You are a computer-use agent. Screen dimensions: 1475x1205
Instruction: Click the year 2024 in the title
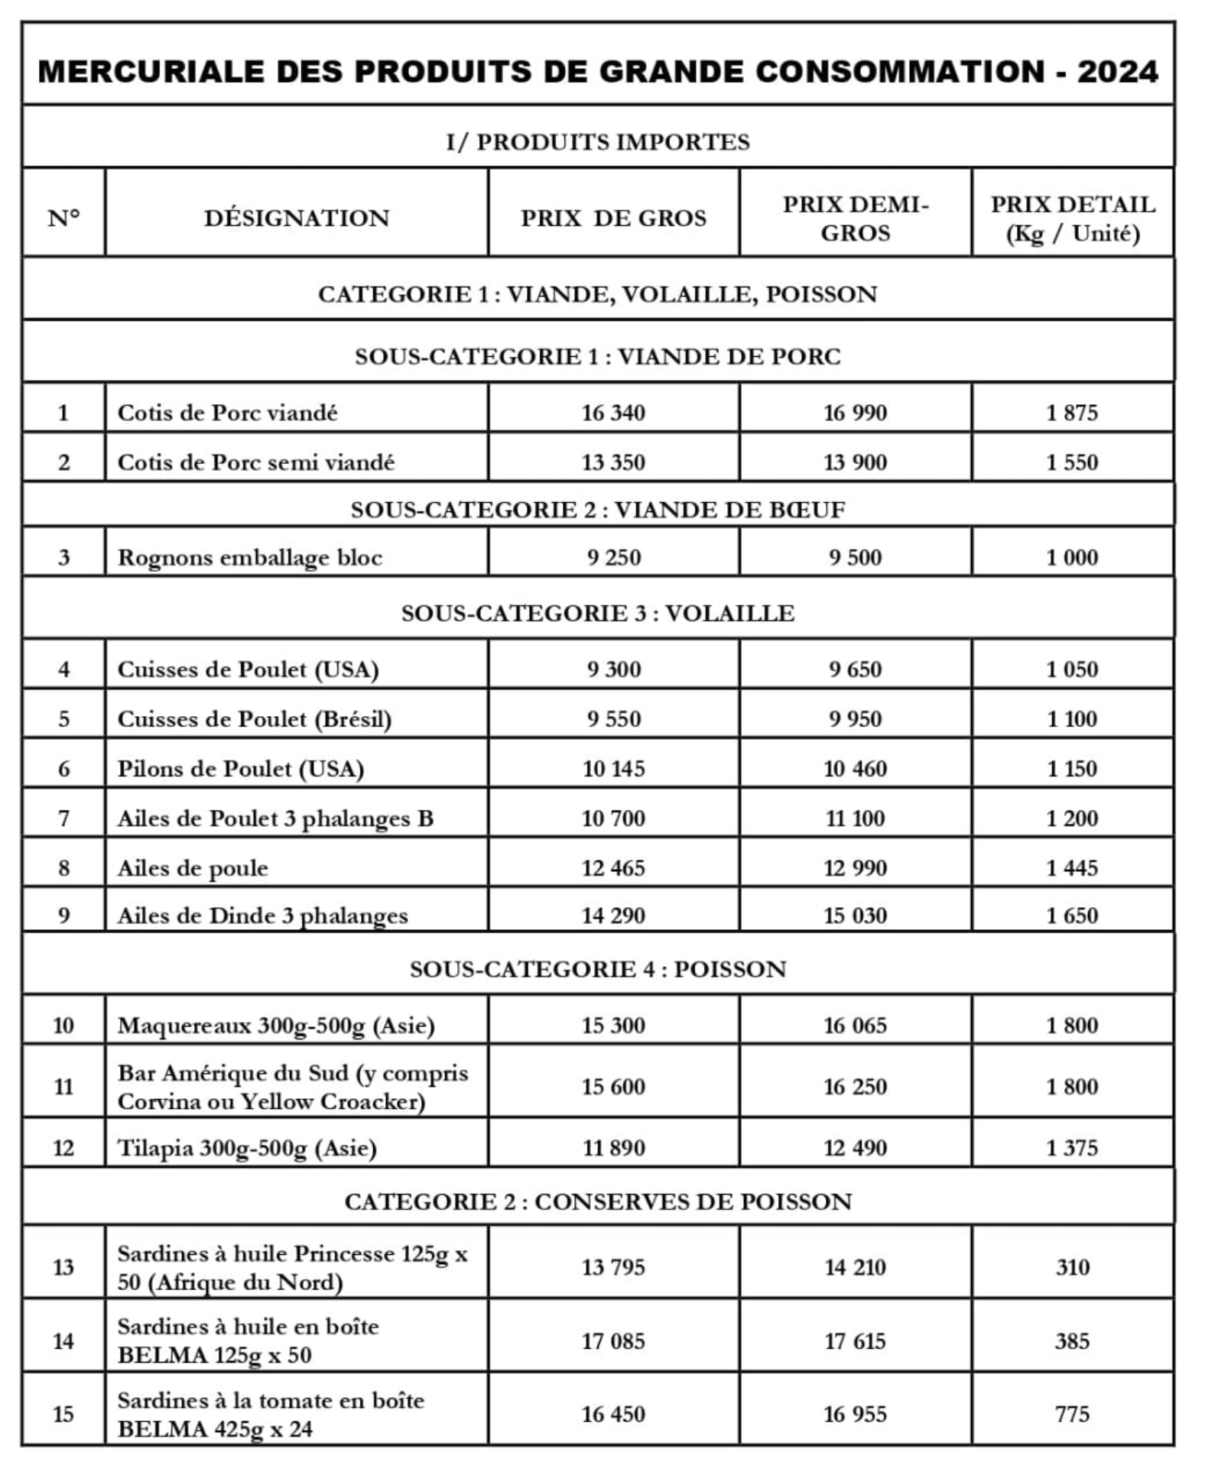(x=1117, y=72)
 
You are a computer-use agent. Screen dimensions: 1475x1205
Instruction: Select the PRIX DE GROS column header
(x=613, y=219)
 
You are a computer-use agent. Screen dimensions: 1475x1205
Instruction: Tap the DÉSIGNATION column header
(x=297, y=219)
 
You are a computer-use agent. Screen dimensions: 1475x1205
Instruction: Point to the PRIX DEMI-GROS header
(x=855, y=219)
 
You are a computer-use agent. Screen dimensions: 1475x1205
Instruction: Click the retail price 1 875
(x=1072, y=413)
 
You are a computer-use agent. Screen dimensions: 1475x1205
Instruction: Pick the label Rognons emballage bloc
(x=249, y=557)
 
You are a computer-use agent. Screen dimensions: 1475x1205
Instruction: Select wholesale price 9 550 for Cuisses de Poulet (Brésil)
(x=613, y=718)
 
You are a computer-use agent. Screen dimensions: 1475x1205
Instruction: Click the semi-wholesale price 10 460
(x=855, y=768)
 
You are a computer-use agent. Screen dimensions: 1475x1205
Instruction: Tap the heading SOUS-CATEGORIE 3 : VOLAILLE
(x=598, y=613)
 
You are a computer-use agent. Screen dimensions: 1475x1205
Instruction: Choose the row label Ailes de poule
(x=193, y=868)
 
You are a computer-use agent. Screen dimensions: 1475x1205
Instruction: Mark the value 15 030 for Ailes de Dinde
(x=855, y=916)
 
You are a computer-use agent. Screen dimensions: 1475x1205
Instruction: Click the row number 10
(x=63, y=1025)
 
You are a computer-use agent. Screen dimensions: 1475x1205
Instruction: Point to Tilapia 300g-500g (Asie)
(x=247, y=1148)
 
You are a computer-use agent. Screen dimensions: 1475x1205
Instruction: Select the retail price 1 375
(x=1072, y=1148)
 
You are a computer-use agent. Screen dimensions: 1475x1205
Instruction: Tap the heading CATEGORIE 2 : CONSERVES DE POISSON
(x=598, y=1201)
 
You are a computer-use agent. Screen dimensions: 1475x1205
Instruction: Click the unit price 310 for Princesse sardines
(x=1072, y=1267)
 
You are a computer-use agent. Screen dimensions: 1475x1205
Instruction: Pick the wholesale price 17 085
(x=613, y=1341)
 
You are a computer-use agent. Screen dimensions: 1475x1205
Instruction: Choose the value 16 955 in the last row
(x=855, y=1414)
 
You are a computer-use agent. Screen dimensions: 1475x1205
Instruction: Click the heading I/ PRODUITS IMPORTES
(x=598, y=142)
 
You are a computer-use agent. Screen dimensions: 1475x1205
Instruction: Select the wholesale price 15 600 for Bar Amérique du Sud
(x=613, y=1087)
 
